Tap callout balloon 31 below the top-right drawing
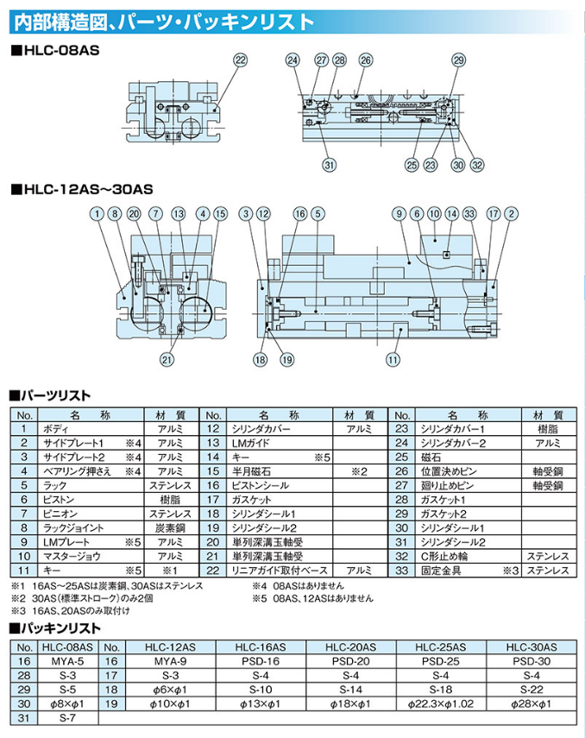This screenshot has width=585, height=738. pos(328,166)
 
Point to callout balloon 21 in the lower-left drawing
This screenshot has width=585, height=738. pos(167,360)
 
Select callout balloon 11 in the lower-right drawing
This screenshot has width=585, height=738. pos(393,360)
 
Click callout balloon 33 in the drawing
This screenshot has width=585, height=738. pos(469,213)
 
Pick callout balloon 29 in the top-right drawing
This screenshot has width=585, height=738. pos(458,60)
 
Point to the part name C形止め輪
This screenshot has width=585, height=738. pos(446,556)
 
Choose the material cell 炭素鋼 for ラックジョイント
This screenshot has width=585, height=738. pos(169,527)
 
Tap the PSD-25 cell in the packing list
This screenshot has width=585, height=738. pos(440,661)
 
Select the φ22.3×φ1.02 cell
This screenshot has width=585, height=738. pos(440,703)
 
